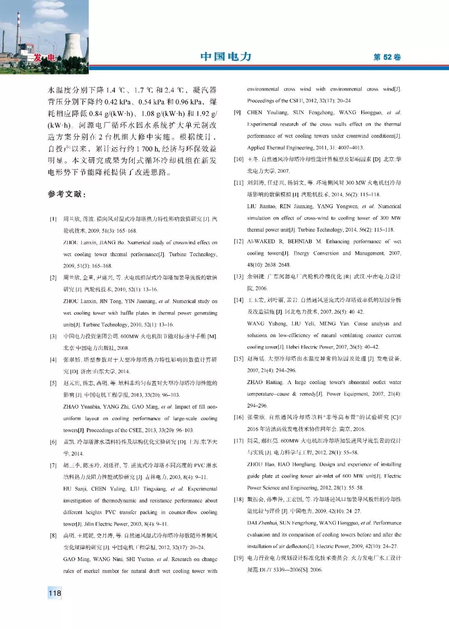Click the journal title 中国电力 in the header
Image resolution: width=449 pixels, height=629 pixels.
226,56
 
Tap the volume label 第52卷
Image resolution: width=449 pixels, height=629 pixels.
387,57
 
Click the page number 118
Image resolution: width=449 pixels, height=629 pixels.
55,593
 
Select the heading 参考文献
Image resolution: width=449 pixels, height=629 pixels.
67,194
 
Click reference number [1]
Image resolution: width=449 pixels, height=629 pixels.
53,219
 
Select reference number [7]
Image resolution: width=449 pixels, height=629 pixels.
53,465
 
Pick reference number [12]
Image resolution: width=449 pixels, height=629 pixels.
239,241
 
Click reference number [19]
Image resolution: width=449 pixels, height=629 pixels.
239,558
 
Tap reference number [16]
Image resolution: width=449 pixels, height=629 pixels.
239,417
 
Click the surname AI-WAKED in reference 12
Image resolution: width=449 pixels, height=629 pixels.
261,241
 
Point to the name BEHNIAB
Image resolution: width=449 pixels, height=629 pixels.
300,241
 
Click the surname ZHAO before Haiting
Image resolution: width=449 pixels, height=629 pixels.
255,382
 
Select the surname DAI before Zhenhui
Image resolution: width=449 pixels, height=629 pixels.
253,523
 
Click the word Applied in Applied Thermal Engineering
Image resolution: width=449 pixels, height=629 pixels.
256,147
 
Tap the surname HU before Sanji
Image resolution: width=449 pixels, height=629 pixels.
67,489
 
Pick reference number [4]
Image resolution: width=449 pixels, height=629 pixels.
53,360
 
